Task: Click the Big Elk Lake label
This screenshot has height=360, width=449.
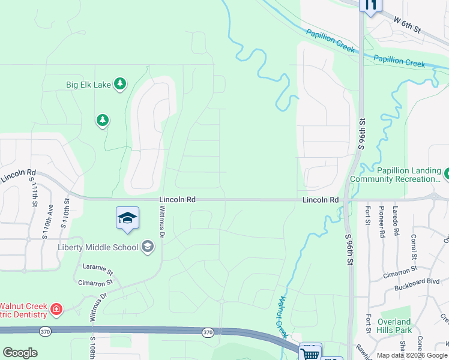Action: [x=88, y=85]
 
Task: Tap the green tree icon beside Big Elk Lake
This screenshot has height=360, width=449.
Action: [x=121, y=84]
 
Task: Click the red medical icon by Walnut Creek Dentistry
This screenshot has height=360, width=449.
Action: [x=56, y=310]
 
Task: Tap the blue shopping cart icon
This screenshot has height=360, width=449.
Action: [x=310, y=353]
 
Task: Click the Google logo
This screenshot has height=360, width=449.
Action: [x=20, y=353]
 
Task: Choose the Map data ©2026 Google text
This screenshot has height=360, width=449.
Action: [x=412, y=355]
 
